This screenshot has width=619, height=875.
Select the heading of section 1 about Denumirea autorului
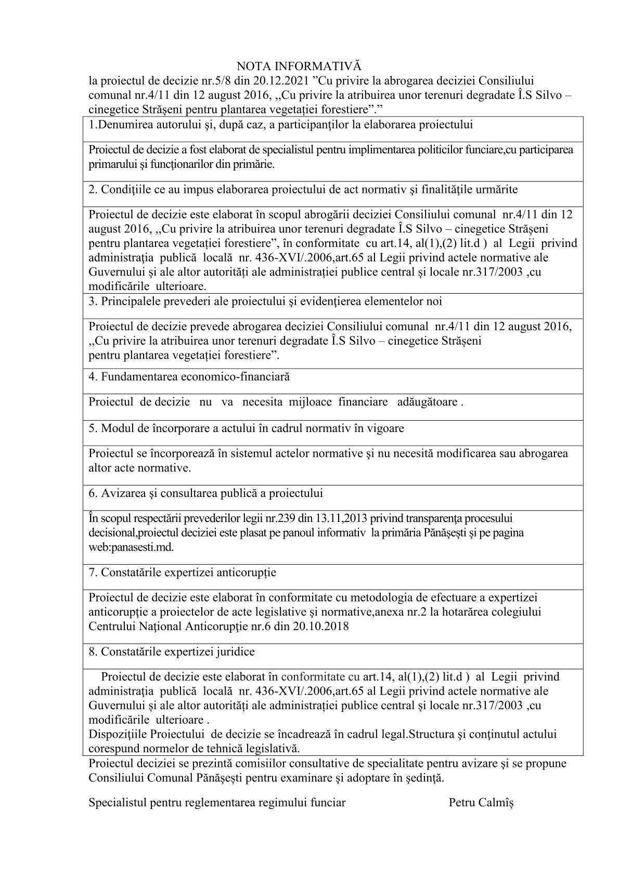pyautogui.click(x=281, y=125)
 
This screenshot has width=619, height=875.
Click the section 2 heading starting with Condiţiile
pyautogui.click(x=303, y=189)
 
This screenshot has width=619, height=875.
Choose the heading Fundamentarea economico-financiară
pyautogui.click(x=189, y=377)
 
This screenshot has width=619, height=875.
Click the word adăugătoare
pyautogui.click(x=427, y=402)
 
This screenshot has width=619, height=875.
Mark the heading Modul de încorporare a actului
pyautogui.click(x=246, y=428)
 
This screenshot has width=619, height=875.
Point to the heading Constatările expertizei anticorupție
pyautogui.click(x=182, y=572)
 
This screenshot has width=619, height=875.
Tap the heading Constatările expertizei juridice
pyautogui.click(x=171, y=652)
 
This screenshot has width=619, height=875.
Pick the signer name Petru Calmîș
pyautogui.click(x=481, y=803)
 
